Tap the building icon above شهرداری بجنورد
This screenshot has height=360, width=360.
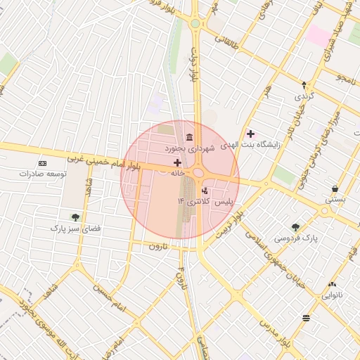coord(189,137)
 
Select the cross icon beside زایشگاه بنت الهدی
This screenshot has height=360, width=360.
coord(251,133)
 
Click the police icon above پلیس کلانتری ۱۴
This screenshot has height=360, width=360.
coord(205,191)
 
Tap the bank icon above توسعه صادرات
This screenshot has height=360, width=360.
coord(42,162)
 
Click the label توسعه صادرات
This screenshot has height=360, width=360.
coord(43,173)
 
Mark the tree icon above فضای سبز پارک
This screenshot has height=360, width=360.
coord(75,217)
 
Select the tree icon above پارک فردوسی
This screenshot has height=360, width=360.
coord(295,227)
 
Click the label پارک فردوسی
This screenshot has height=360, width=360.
coord(295,238)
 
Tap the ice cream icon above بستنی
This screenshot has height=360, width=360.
coord(335,189)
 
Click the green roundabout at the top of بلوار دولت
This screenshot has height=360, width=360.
coord(195,24)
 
